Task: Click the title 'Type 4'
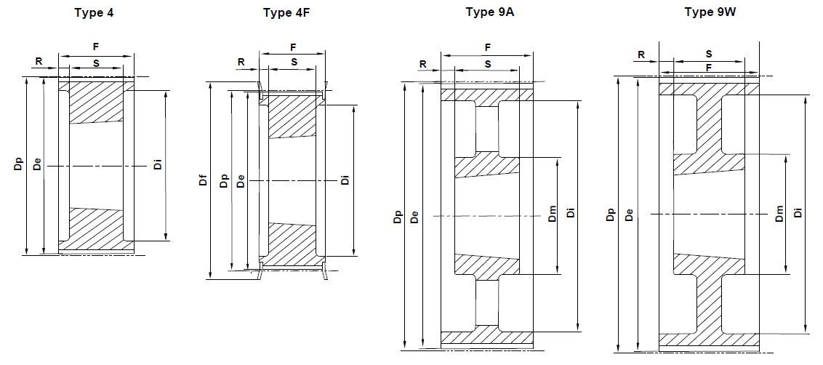click(x=95, y=12)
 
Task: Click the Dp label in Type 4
click(x=17, y=166)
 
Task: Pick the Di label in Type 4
click(x=157, y=166)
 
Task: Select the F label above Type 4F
click(x=293, y=47)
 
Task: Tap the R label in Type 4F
click(x=241, y=62)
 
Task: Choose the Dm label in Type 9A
click(x=552, y=214)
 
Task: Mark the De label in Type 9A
click(x=414, y=216)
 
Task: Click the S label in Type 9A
click(x=487, y=64)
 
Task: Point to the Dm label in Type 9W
click(x=779, y=214)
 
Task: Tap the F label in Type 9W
click(x=708, y=67)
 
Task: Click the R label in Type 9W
click(x=641, y=54)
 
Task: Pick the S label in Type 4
click(x=96, y=63)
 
